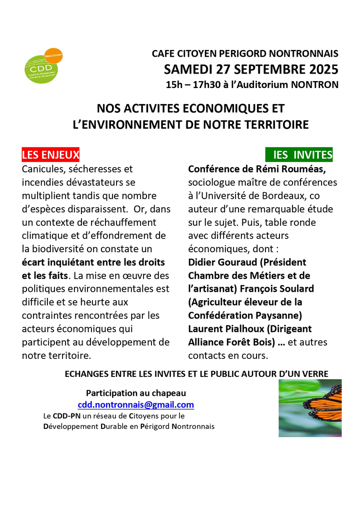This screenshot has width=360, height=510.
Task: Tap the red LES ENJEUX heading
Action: pos(50,155)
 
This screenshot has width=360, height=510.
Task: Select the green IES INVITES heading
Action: pos(299,155)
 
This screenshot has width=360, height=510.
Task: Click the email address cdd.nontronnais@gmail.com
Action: pos(135,405)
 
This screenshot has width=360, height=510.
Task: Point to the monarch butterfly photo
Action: pos(309,408)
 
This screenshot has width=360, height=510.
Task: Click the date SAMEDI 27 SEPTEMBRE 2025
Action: pos(251,69)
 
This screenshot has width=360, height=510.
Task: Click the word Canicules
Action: pos(43,169)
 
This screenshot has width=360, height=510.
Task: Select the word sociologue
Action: pos(212,183)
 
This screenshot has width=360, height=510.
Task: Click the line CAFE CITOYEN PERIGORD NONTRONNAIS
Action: pos(245,54)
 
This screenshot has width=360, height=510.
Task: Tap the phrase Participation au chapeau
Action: pos(136,393)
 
